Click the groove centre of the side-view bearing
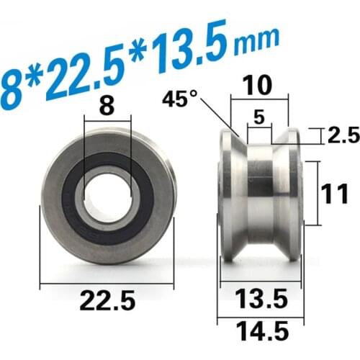[261, 194]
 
